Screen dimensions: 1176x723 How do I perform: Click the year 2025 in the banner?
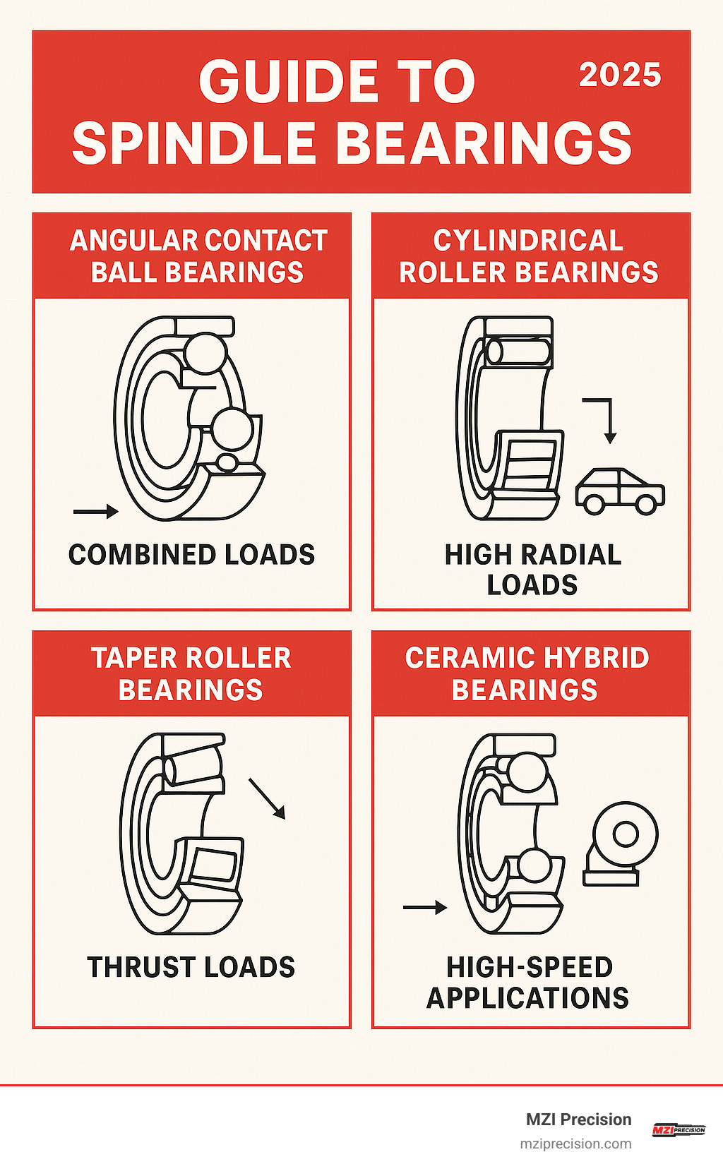coord(620,75)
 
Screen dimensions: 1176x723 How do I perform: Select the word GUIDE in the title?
coord(288,81)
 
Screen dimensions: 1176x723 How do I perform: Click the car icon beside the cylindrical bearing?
coord(620,491)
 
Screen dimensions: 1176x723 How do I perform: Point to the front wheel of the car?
coord(645,503)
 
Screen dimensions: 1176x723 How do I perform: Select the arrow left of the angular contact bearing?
coord(96,512)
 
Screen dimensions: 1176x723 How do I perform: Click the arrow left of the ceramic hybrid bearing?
coord(425,907)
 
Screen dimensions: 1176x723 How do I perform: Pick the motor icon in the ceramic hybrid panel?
coord(620,844)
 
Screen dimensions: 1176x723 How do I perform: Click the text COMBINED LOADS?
coord(191,555)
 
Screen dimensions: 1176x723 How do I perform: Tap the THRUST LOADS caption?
coord(191,967)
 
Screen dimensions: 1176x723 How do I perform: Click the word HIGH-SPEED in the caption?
coord(530,967)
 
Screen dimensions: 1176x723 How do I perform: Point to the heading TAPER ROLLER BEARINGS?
coord(191,673)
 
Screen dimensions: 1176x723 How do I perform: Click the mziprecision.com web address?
coord(575,1144)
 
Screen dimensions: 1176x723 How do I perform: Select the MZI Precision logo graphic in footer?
coord(678,1130)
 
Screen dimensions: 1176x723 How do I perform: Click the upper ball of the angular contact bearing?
coord(205,353)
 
